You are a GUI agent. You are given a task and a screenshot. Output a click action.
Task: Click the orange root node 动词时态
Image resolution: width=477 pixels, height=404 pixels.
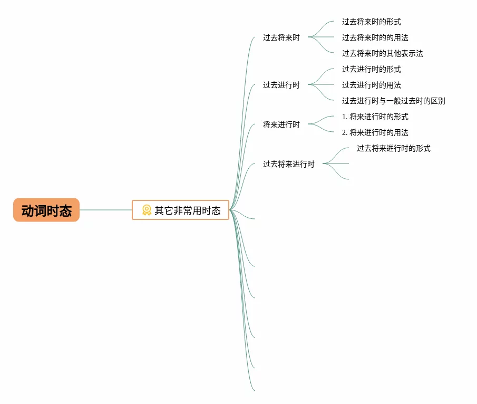tap(46, 210)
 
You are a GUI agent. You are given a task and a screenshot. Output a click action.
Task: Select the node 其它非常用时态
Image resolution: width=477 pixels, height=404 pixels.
tap(181, 210)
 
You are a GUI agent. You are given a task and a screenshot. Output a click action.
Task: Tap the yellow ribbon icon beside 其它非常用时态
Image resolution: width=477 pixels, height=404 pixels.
tap(147, 210)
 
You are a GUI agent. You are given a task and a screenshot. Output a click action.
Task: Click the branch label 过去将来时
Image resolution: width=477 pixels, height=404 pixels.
tap(281, 37)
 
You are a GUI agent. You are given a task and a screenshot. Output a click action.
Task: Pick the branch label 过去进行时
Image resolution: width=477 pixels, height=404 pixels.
tap(281, 85)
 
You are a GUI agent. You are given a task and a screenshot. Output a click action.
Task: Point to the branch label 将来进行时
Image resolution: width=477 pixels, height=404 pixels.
tap(281, 124)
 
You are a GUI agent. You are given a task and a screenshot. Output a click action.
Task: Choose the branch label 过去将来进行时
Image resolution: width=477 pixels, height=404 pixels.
tap(289, 164)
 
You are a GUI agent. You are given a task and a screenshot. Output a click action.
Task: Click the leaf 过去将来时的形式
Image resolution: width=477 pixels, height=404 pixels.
tap(371, 22)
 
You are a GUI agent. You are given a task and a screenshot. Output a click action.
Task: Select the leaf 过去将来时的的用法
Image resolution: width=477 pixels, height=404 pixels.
tap(375, 37)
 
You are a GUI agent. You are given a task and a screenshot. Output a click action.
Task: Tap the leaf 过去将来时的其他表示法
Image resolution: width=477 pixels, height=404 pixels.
tap(382, 53)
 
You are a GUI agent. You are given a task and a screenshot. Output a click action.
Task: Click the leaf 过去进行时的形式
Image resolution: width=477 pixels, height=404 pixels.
tap(371, 69)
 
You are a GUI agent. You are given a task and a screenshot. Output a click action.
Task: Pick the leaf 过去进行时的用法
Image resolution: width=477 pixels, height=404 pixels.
tap(371, 85)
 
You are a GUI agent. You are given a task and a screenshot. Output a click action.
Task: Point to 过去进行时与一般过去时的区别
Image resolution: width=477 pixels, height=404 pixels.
tap(393, 101)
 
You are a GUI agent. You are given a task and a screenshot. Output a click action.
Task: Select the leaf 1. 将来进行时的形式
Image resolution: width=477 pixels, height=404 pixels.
tap(375, 117)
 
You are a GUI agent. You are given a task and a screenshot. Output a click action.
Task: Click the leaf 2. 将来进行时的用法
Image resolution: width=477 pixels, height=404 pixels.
tap(375, 132)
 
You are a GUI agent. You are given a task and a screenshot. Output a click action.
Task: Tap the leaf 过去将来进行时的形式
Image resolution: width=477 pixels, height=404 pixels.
tap(393, 148)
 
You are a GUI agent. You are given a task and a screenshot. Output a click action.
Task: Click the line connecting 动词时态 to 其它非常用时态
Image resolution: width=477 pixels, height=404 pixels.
tap(105, 210)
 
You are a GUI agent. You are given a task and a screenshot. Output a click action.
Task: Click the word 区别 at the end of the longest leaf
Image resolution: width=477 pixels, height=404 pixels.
tap(438, 101)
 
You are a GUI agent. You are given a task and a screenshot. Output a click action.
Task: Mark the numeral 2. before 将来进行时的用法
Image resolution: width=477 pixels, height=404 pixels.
tap(345, 132)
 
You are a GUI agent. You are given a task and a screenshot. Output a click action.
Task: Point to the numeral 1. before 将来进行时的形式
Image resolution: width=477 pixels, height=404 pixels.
tap(345, 117)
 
